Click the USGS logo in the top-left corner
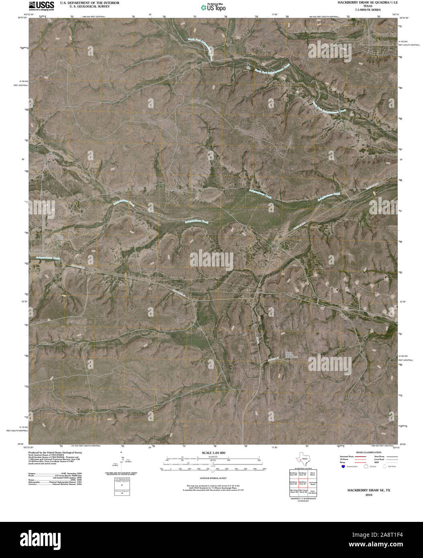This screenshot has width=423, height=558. (x=41, y=5)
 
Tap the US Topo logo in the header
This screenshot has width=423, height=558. (x=214, y=7)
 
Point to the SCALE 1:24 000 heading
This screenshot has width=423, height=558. (x=211, y=453)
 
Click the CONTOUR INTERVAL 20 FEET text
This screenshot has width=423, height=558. (x=211, y=479)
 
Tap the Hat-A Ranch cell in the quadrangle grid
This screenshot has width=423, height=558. (x=313, y=474)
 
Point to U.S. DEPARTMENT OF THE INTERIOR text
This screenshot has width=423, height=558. (x=85, y=2)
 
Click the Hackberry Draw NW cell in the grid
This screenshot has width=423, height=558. (x=293, y=474)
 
